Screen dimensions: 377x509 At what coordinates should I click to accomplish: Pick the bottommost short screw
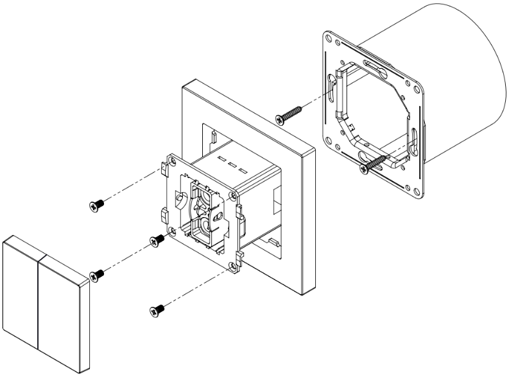[x=157, y=311]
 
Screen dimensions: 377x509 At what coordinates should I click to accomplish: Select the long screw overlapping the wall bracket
[x=375, y=162]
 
